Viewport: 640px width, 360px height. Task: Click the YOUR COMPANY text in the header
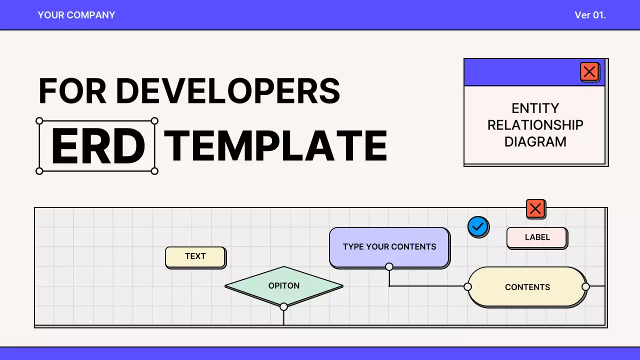(76, 15)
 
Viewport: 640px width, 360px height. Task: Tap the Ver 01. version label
(590, 15)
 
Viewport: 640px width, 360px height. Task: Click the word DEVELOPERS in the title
(228, 90)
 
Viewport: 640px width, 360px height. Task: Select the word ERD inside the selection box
(97, 146)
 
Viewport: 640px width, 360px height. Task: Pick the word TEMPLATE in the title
(275, 146)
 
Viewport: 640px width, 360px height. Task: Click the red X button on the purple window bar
(589, 72)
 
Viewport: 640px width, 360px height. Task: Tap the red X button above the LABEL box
(535, 208)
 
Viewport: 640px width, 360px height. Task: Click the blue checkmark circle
(478, 227)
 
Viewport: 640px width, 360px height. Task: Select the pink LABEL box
(537, 237)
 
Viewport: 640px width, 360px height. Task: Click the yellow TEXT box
(195, 256)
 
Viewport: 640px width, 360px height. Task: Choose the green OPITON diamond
(284, 286)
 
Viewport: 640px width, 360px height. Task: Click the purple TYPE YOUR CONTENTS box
(389, 247)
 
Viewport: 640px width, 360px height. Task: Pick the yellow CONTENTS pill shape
(527, 287)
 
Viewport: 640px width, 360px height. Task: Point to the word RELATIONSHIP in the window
(535, 125)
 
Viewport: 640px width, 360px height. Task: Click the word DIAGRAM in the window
(535, 142)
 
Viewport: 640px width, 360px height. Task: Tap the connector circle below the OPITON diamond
(283, 306)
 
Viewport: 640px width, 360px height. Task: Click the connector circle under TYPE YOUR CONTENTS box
(389, 266)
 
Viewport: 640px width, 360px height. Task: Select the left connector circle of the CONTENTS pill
(467, 286)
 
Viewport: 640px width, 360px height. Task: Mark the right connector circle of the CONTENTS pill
(585, 286)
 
